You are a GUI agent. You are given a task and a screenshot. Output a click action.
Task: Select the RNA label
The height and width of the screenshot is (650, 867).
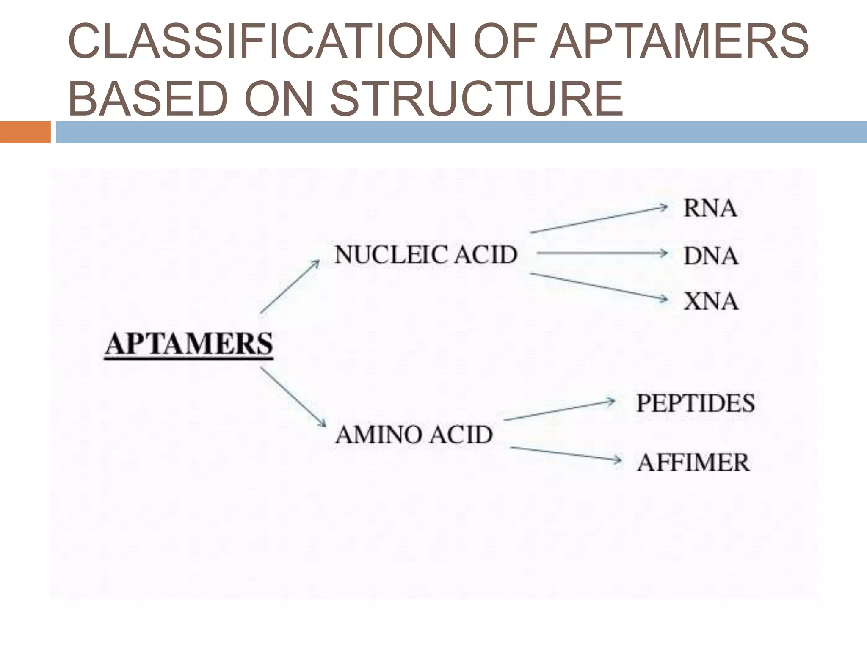coord(710,209)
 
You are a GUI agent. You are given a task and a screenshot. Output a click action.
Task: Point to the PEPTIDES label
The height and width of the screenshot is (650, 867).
coord(696,403)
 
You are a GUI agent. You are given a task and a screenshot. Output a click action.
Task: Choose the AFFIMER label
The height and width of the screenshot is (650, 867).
coord(693,463)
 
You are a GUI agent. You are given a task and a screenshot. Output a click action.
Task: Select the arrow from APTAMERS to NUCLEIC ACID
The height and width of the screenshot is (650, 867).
coord(290,287)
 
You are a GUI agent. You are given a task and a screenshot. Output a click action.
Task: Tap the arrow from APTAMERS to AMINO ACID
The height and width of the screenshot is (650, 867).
coord(293,397)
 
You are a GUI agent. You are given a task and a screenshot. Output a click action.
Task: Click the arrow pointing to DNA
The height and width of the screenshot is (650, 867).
coord(602,253)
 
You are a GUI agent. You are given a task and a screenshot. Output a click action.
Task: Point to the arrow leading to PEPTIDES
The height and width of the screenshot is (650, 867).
coord(559,410)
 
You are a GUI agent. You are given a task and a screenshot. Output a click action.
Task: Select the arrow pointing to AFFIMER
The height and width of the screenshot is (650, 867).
coord(566,454)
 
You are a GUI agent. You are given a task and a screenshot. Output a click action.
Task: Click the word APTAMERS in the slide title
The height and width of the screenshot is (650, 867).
coord(679,42)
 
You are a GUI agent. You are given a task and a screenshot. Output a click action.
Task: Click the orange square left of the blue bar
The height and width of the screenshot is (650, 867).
coord(25,132)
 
